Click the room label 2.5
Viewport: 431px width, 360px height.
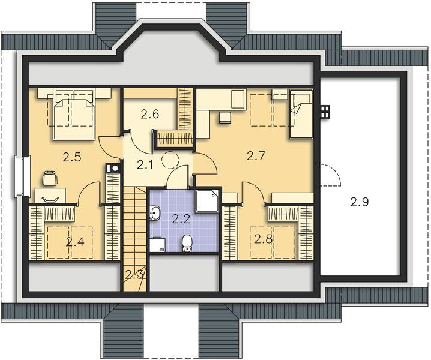point(71,158)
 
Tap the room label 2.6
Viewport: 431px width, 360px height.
point(150,114)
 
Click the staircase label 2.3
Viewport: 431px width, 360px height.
point(134,275)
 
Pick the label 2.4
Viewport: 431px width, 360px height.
point(74,242)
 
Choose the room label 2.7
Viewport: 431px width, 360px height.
point(256,157)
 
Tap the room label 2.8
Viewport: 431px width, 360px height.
point(263,239)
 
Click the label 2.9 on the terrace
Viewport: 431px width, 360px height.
point(360,202)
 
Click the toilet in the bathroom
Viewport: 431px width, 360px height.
point(187,242)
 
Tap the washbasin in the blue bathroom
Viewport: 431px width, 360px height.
point(155,212)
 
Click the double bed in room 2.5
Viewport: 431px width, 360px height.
point(74,112)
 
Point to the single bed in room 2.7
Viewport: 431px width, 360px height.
point(301,112)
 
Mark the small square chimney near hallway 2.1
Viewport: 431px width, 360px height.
point(111,169)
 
